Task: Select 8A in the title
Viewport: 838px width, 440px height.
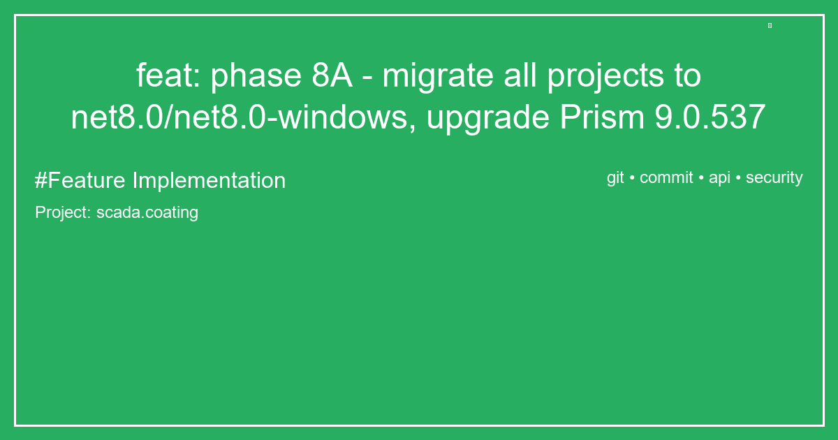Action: click(x=332, y=76)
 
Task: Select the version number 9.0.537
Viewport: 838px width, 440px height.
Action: click(x=710, y=118)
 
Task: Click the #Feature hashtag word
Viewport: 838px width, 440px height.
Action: click(x=80, y=180)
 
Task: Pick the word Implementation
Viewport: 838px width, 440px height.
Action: click(x=209, y=181)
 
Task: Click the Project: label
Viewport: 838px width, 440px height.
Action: click(x=63, y=212)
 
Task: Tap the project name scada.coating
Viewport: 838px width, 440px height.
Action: click(x=147, y=212)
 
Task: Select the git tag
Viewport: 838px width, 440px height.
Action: click(x=615, y=178)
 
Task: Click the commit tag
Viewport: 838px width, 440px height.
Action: click(x=666, y=177)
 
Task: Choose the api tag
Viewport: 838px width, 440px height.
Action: click(x=719, y=178)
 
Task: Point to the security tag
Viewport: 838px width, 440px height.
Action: click(x=774, y=178)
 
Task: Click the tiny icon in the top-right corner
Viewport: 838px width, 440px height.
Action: click(x=770, y=26)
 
